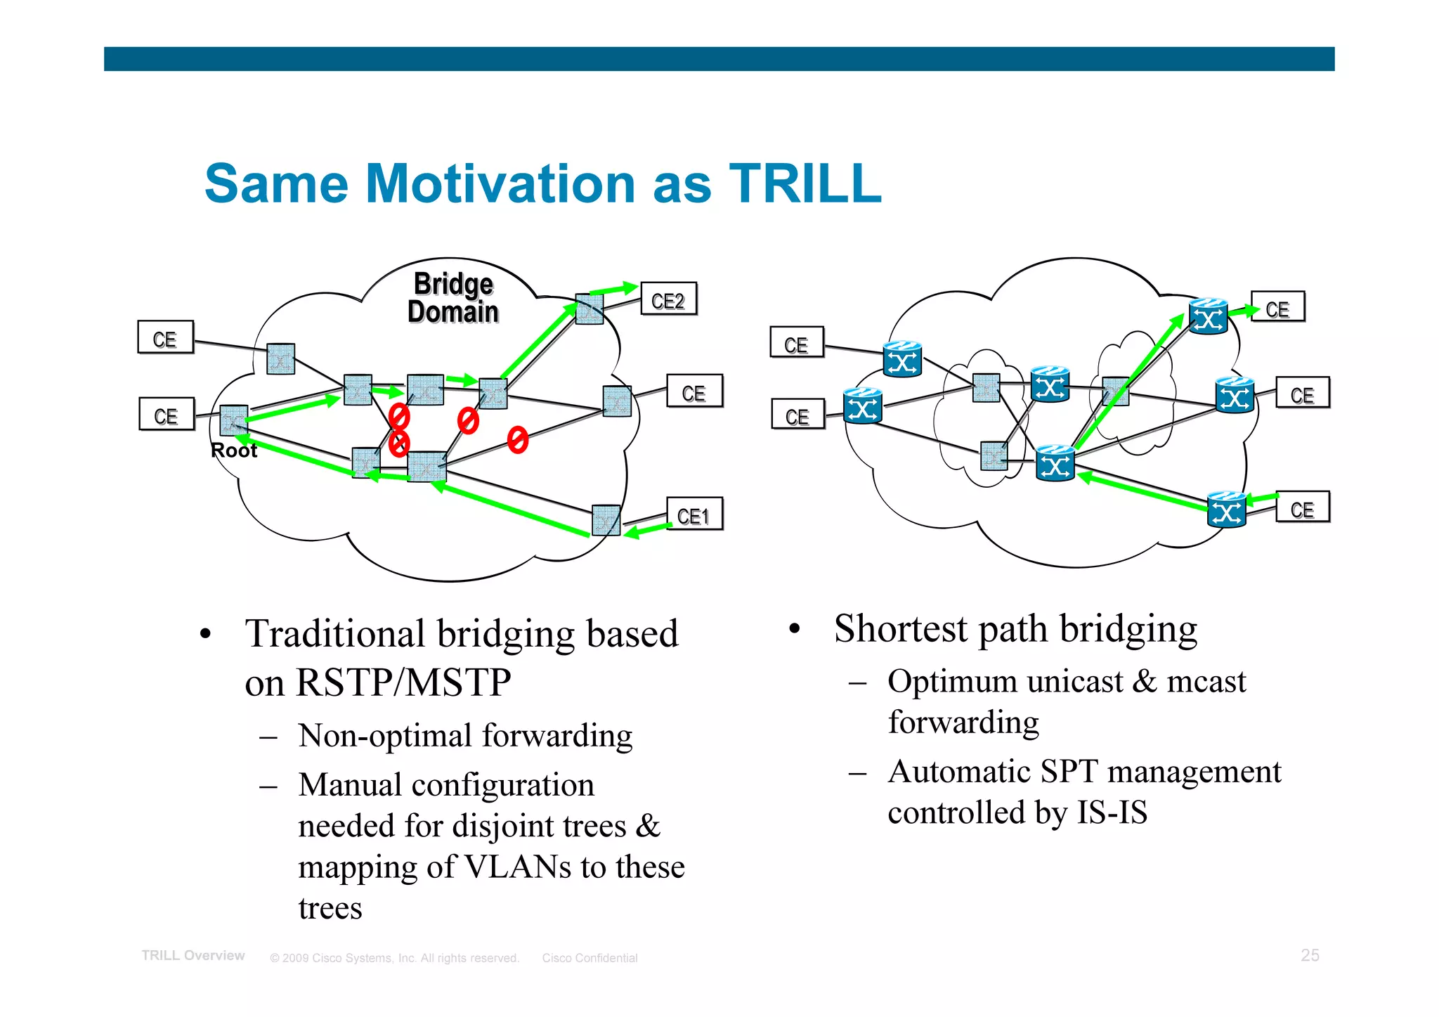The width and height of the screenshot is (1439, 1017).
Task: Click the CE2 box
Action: (668, 300)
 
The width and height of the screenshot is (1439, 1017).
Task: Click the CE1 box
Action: (694, 515)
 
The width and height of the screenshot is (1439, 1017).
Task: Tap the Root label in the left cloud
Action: (234, 451)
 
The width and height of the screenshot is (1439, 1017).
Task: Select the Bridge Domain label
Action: (453, 298)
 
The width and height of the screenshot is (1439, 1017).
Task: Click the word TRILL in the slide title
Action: (805, 184)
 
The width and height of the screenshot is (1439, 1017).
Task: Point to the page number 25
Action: (1310, 955)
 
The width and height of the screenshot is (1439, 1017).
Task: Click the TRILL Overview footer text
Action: (193, 956)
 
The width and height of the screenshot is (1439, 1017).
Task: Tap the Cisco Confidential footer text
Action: (590, 958)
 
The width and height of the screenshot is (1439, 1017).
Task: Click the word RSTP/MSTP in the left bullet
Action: (403, 682)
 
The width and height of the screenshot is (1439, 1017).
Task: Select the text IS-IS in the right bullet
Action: (1112, 813)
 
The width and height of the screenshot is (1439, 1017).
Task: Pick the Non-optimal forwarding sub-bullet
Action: (464, 736)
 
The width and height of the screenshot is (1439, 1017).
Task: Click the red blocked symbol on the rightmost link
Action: (518, 439)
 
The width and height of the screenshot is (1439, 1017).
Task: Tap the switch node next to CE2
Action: (589, 309)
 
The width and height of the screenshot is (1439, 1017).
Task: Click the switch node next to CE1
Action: (606, 521)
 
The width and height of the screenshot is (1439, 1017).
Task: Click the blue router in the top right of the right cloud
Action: (1208, 317)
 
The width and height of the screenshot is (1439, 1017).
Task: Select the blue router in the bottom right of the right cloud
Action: (1226, 510)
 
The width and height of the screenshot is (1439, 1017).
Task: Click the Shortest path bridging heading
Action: (1015, 628)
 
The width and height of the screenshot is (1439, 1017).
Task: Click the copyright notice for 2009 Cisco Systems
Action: (394, 958)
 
